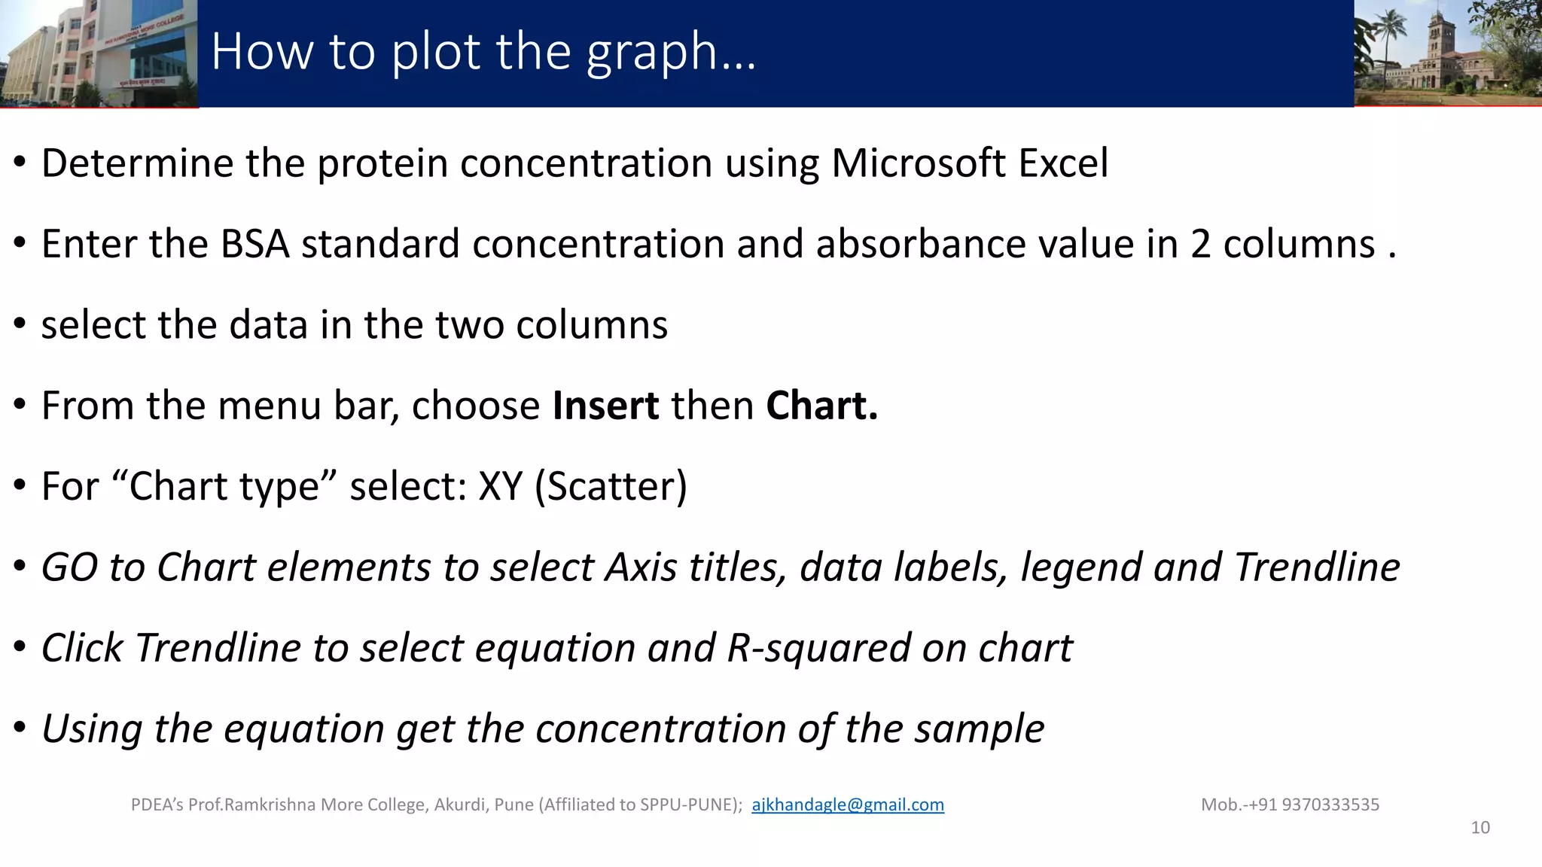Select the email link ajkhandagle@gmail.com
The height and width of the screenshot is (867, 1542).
click(x=847, y=805)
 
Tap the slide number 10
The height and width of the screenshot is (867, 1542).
click(x=1480, y=828)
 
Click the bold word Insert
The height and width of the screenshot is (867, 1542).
click(x=605, y=406)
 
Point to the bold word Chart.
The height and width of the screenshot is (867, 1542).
click(x=821, y=406)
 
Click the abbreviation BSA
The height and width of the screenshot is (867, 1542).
click(x=255, y=244)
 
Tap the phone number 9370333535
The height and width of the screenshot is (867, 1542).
click(x=1330, y=805)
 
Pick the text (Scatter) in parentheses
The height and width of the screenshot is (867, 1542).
click(x=611, y=487)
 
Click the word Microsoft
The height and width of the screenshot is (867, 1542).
click(x=918, y=163)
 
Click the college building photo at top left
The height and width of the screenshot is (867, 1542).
click(x=98, y=53)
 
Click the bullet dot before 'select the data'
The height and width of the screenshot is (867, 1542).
click(x=20, y=325)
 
